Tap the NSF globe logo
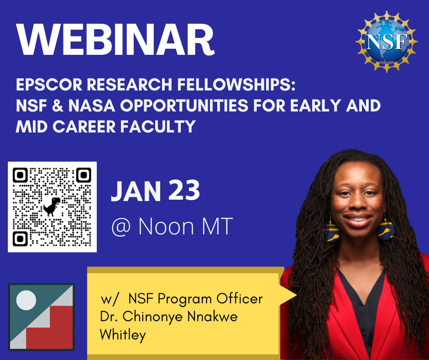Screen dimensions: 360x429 [x=387, y=42]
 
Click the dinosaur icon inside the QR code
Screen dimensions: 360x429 [x=52, y=206]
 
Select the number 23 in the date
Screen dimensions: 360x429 [x=184, y=191]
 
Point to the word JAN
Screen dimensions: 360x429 [x=136, y=192]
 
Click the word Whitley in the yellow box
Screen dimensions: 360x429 [x=123, y=335]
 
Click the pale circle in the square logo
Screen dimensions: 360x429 [x=26, y=300]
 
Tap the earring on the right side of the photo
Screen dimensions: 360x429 [x=385, y=228]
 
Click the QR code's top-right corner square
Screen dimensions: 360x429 [x=84, y=175]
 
